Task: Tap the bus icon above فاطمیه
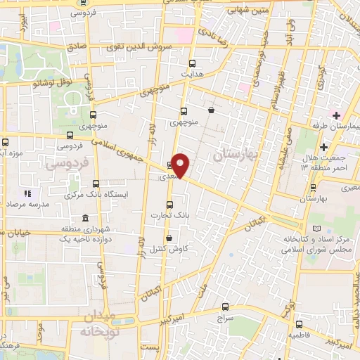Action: [299, 325]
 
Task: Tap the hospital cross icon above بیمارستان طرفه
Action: [337, 115]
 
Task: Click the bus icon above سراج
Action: [225, 307]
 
